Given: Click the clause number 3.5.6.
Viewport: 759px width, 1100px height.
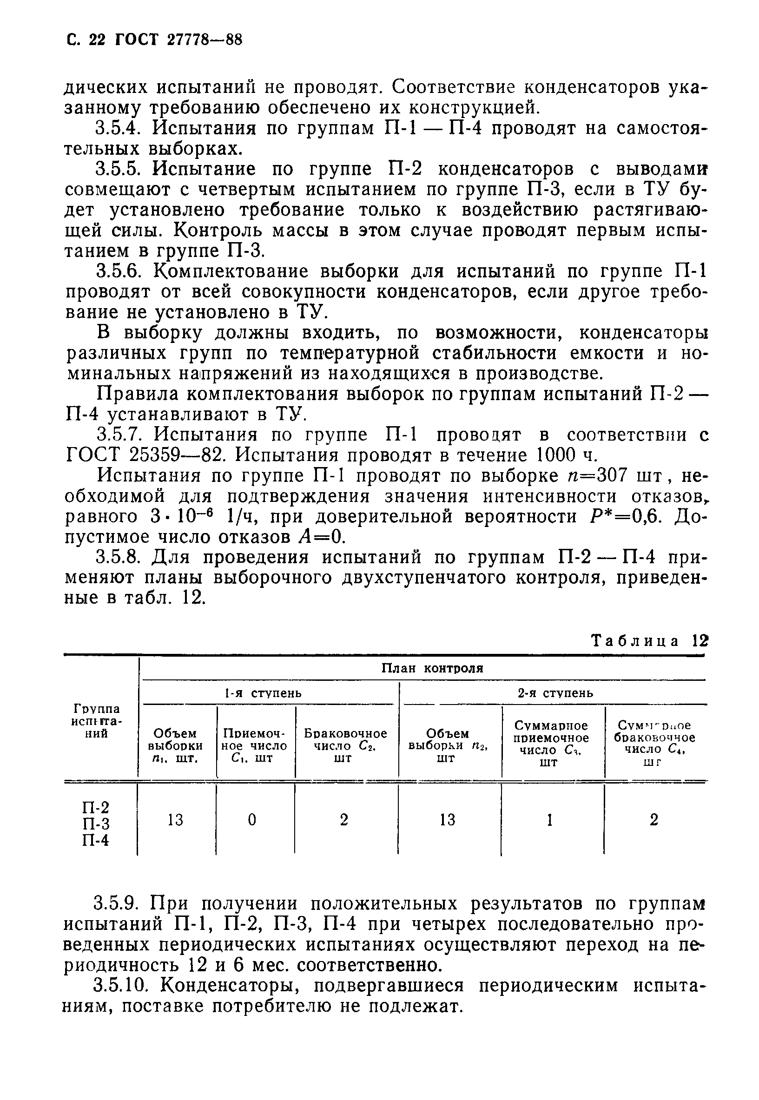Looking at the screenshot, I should [123, 271].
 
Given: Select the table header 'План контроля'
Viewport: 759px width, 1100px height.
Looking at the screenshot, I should [432, 669].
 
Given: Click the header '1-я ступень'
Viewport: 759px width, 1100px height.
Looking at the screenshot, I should [263, 693].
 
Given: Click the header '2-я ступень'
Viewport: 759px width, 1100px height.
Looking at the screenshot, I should [555, 693].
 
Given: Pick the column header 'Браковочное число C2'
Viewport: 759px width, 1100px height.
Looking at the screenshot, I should [345, 746].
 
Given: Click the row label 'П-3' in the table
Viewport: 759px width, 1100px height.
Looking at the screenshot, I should [96, 823].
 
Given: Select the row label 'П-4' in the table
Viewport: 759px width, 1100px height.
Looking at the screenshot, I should [96, 840].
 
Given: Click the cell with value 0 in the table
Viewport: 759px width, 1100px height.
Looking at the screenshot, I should [252, 820].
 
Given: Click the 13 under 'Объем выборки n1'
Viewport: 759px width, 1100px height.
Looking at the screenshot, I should [176, 820].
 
